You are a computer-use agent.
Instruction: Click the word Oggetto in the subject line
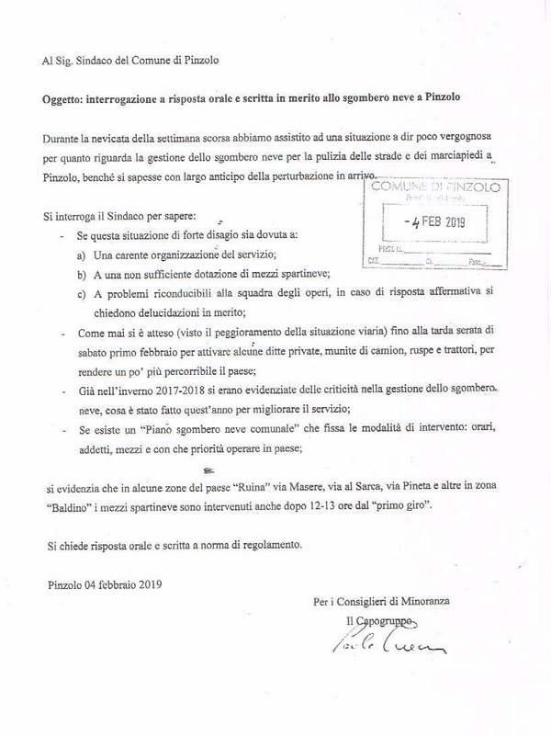[x=68, y=96]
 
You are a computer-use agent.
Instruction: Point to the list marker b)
[x=82, y=275]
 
